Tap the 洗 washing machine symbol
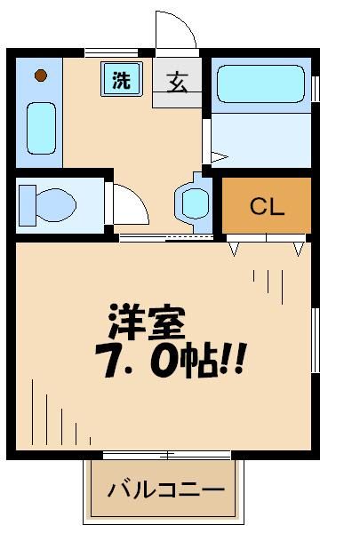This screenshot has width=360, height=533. [120, 79]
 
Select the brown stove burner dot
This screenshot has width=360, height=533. [40, 76]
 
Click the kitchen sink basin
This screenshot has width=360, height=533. [40, 127]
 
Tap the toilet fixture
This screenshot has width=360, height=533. [49, 203]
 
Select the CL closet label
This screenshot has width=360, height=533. [266, 208]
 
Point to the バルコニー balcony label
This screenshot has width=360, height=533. [166, 489]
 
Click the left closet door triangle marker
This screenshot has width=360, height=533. [235, 250]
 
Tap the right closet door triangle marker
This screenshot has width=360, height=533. [299, 250]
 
